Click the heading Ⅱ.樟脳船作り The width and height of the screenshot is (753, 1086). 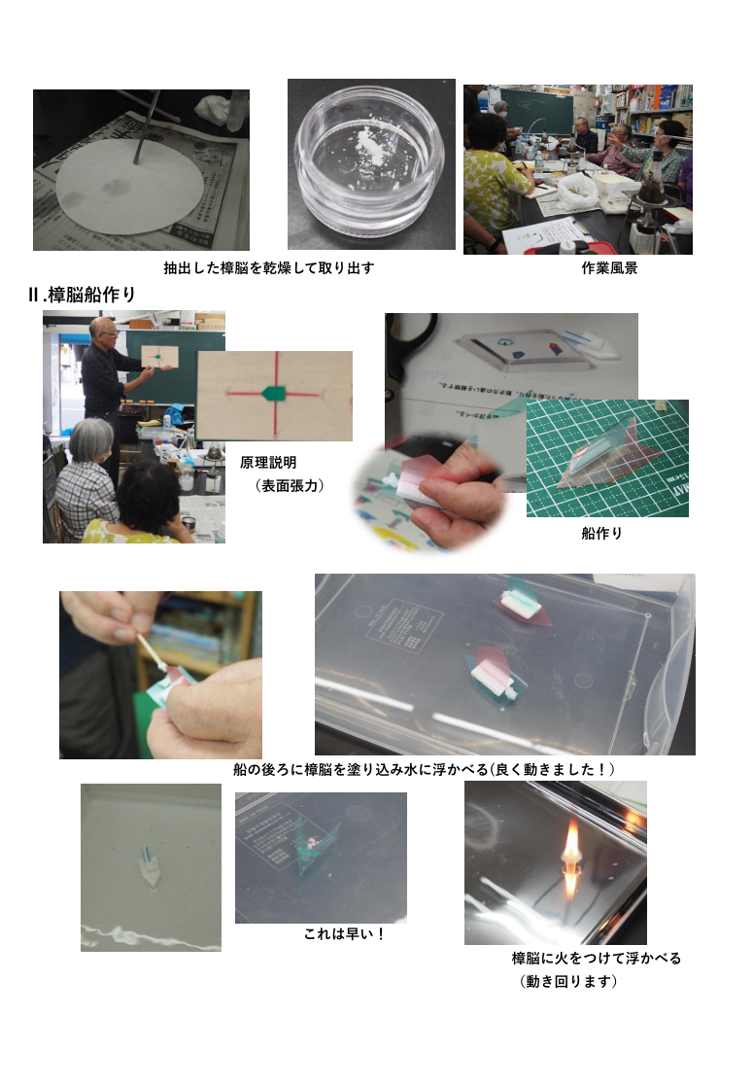coord(82,295)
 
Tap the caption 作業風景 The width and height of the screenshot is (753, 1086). coord(609,268)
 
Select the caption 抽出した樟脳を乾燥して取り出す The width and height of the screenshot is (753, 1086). coord(268,268)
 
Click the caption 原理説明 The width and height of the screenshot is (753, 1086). coord(268,462)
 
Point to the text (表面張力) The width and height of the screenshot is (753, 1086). coord(289,485)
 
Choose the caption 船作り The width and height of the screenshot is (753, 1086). coord(601,533)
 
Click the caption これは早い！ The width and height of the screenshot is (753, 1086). coord(344,933)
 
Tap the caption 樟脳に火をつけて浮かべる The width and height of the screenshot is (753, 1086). coord(596,958)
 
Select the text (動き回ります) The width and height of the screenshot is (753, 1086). coord(567,981)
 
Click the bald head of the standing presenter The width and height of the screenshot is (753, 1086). coord(103,327)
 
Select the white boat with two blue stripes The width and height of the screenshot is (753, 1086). coord(150,865)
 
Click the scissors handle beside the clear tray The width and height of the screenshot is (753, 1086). coord(412,346)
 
